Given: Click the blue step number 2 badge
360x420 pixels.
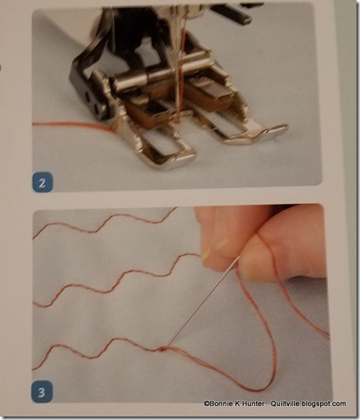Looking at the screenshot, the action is [43, 182].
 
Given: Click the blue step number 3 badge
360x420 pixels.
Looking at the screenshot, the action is [42, 391].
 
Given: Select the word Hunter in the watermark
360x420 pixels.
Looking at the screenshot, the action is [255, 404].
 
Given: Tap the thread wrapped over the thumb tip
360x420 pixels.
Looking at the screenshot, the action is [267, 246].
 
